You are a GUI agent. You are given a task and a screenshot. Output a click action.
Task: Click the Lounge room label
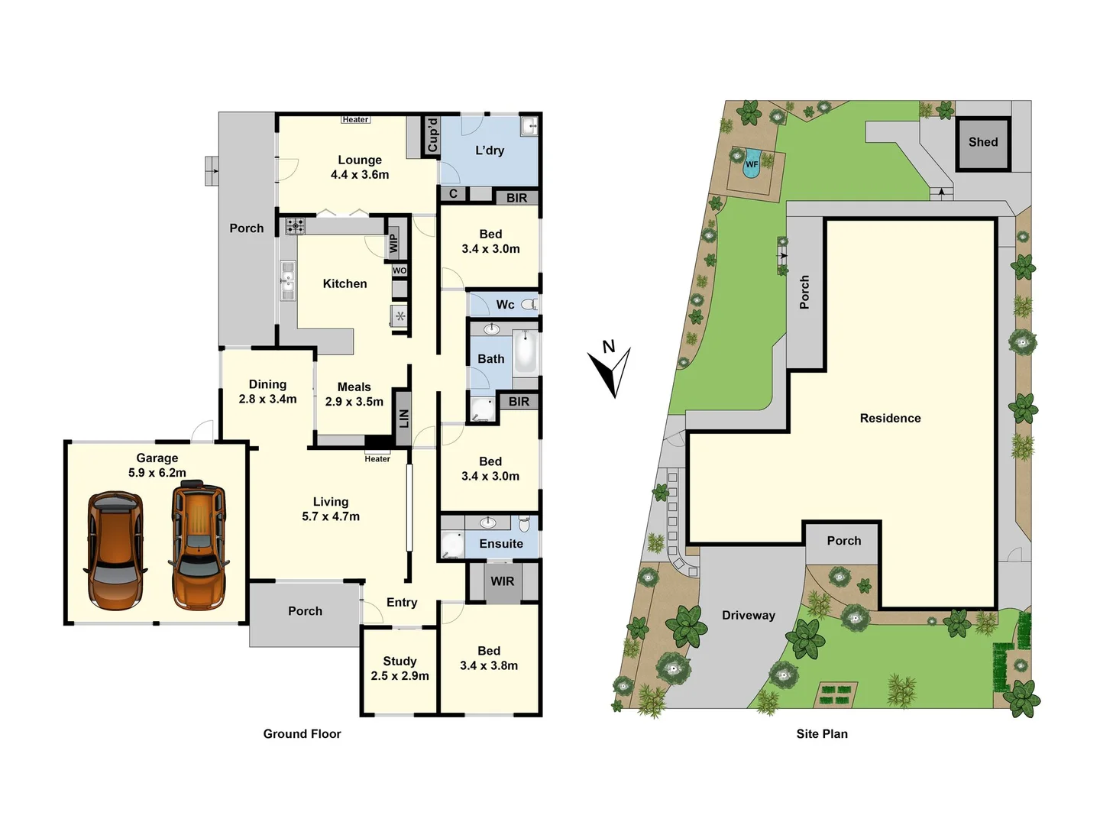[x=360, y=160]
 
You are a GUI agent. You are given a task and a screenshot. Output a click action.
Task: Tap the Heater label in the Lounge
[x=355, y=119]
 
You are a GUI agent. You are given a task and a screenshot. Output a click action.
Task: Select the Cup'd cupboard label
[x=433, y=135]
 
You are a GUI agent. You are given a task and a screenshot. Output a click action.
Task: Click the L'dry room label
[x=490, y=150]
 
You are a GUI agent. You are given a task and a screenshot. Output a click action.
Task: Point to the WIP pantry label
[x=393, y=244]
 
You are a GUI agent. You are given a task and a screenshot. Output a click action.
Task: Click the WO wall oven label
[x=400, y=270]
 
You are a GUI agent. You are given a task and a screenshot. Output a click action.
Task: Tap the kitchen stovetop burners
[x=295, y=226]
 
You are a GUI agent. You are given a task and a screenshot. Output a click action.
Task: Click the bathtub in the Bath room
[x=526, y=351]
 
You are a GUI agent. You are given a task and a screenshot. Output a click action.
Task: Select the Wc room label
[x=505, y=305]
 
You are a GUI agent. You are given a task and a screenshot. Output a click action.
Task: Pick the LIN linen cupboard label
[x=404, y=418]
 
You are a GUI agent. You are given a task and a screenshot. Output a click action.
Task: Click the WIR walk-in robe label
[x=502, y=581]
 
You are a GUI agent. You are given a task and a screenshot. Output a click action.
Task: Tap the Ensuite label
[x=501, y=544]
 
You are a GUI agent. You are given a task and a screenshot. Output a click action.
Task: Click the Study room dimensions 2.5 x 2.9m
[x=400, y=676]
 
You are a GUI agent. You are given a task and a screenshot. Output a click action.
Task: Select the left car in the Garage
[x=115, y=550]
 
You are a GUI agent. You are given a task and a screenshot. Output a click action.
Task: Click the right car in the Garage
[x=198, y=545]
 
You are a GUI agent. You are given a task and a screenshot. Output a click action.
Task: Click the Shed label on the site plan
[x=983, y=142]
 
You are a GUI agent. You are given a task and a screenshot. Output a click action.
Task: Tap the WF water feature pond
[x=752, y=163]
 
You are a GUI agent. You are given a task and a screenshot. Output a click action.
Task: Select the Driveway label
[x=749, y=615]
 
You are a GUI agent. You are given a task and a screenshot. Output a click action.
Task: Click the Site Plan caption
[x=822, y=734]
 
